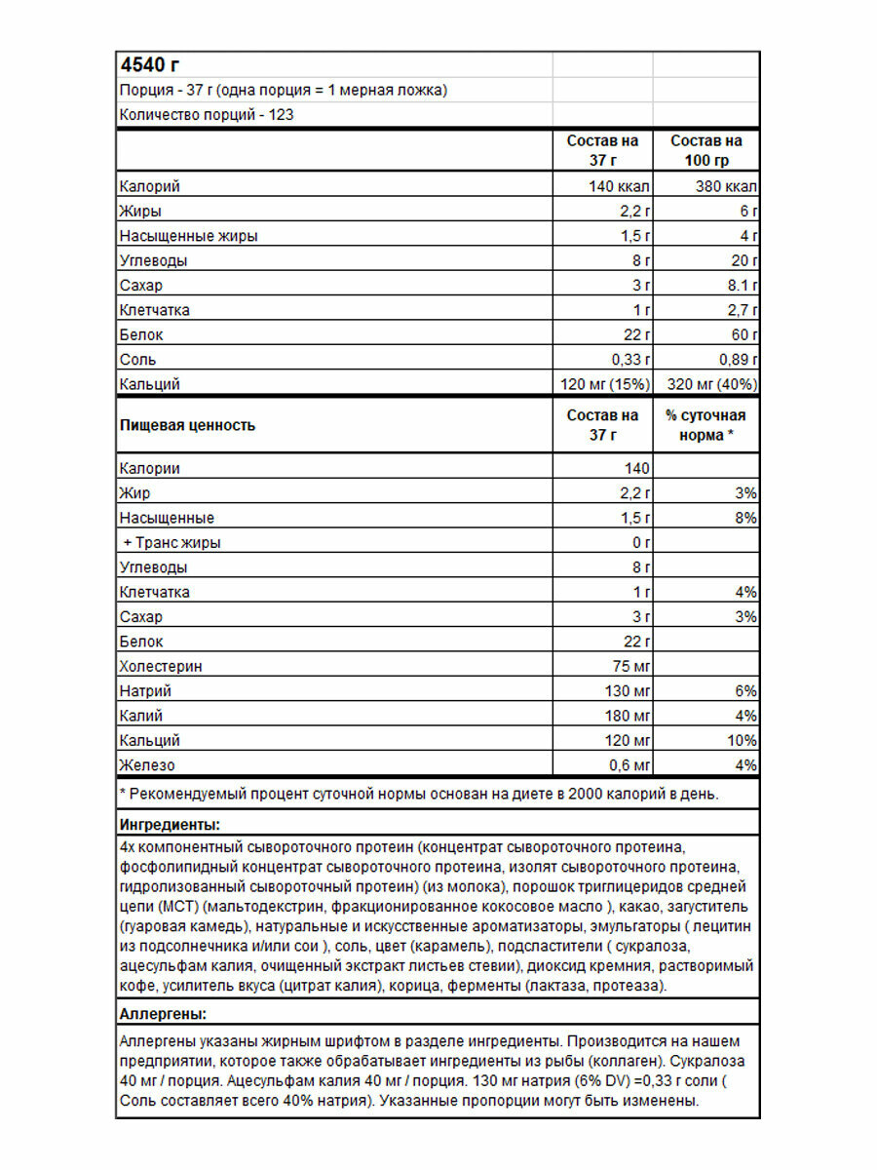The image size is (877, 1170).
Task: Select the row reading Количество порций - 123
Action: pyautogui.click(x=207, y=115)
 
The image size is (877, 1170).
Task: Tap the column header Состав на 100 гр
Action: pyautogui.click(x=706, y=151)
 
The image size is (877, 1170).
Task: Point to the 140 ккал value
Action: pyautogui.click(x=620, y=186)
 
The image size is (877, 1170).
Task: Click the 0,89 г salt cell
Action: pyautogui.click(x=736, y=360)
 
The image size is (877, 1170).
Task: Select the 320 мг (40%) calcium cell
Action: pyautogui.click(x=710, y=384)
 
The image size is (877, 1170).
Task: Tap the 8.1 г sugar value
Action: pyautogui.click(x=740, y=286)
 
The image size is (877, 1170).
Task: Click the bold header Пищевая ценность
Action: pyautogui.click(x=187, y=425)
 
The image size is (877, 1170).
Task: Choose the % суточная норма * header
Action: pyautogui.click(x=706, y=425)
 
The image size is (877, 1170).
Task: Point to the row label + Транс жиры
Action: pyautogui.click(x=172, y=543)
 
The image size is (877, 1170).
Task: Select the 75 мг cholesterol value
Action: pyautogui.click(x=629, y=667)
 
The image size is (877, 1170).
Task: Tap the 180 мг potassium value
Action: pyautogui.click(x=625, y=717)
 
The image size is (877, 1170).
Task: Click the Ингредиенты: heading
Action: pyautogui.click(x=168, y=825)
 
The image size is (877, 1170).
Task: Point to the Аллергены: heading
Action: pyautogui.click(x=162, y=1014)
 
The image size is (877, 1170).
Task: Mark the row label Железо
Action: pyautogui.click(x=147, y=765)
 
